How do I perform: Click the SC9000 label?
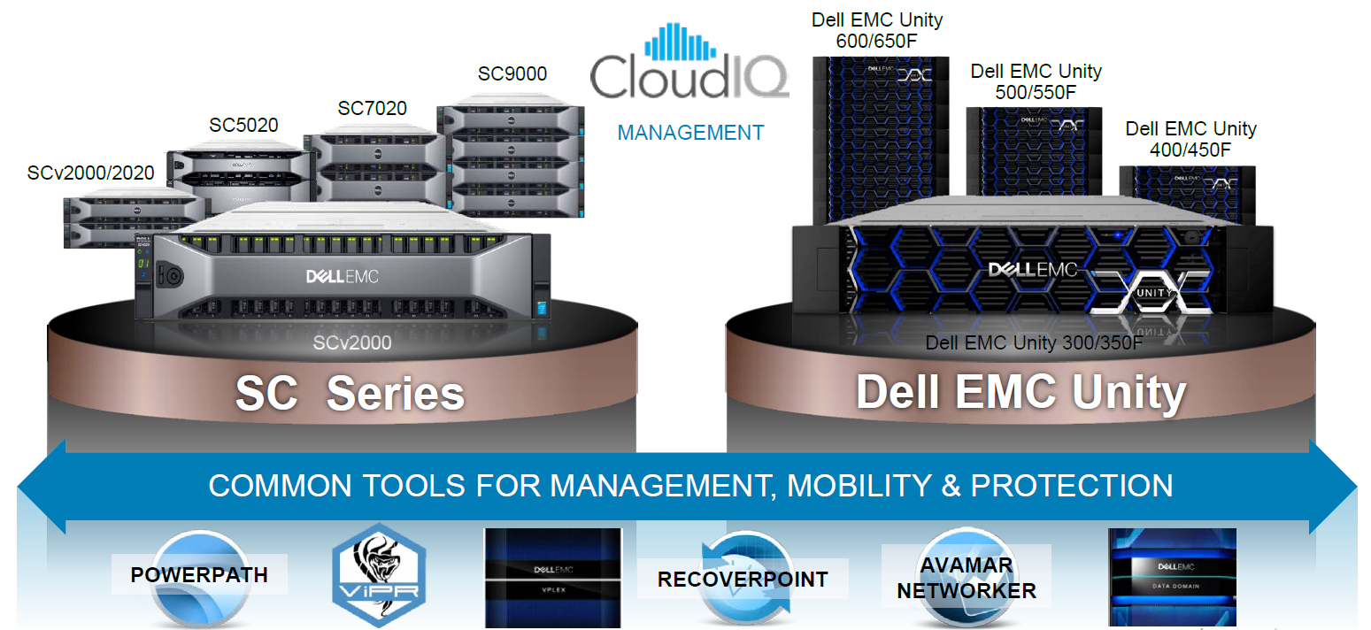tap(512, 73)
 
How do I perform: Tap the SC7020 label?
tap(372, 108)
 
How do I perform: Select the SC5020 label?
tap(243, 125)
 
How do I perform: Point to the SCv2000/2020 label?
tap(91, 173)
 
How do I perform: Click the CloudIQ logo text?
tap(689, 76)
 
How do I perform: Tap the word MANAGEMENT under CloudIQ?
tap(690, 133)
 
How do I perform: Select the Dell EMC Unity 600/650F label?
tap(877, 29)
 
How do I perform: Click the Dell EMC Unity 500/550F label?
tap(1036, 81)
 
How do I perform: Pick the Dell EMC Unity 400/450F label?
tap(1190, 139)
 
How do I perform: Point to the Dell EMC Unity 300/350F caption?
tap(1035, 343)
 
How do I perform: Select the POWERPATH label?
tap(199, 575)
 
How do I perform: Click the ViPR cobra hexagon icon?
tap(379, 575)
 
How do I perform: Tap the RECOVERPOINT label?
tap(742, 580)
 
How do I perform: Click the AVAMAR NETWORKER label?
tap(966, 578)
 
